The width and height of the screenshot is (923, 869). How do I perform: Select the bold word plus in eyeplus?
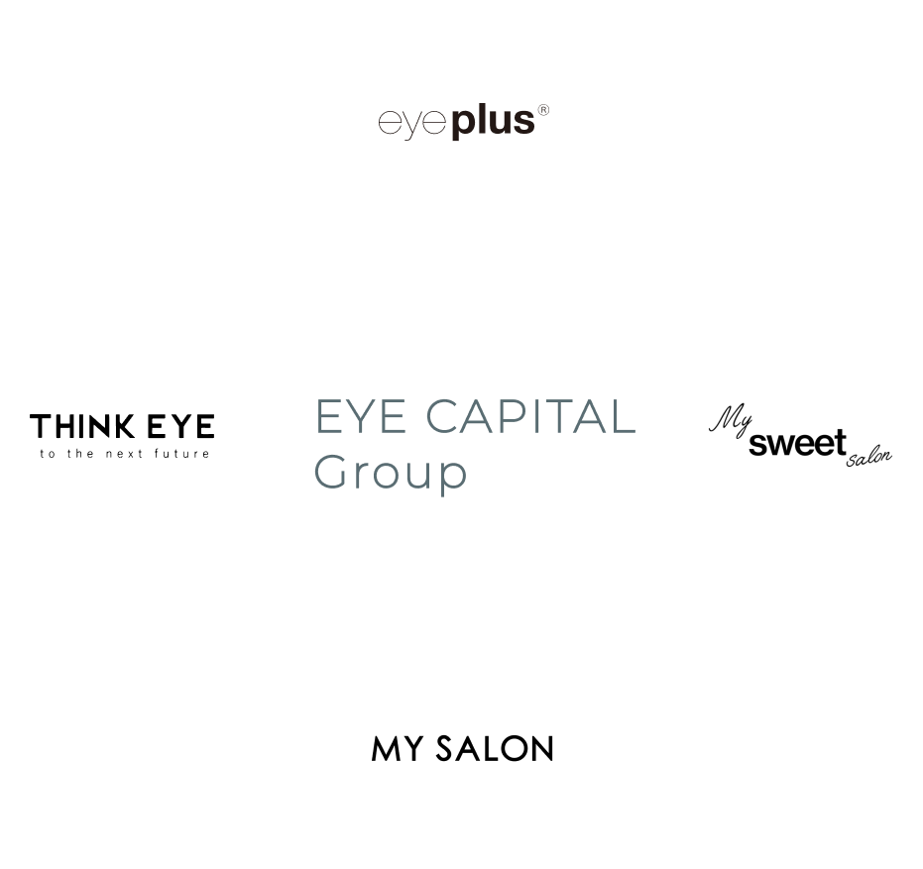(493, 123)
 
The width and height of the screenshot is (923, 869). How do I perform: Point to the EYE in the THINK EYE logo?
(180, 427)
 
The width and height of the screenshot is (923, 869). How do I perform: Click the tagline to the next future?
(124, 454)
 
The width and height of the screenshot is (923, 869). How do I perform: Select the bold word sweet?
(797, 443)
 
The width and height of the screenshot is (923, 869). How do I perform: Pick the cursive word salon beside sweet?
(869, 457)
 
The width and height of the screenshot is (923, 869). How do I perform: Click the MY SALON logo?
(462, 749)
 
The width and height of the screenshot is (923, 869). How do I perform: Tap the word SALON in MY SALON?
(494, 749)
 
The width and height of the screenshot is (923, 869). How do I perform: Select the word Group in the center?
(391, 474)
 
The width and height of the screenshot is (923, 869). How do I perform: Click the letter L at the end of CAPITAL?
(623, 417)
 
